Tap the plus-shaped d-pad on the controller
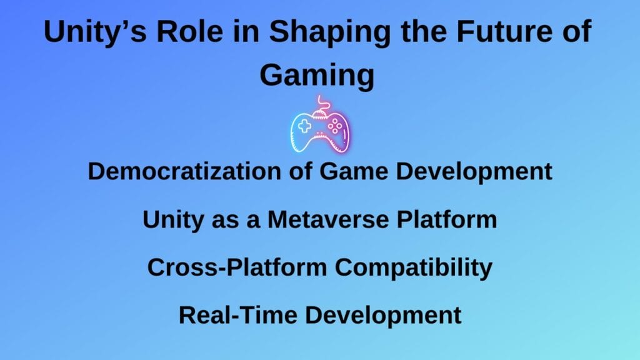coord(304,126)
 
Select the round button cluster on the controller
coord(335,126)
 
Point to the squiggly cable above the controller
coord(321,104)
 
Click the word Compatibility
coord(413,267)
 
